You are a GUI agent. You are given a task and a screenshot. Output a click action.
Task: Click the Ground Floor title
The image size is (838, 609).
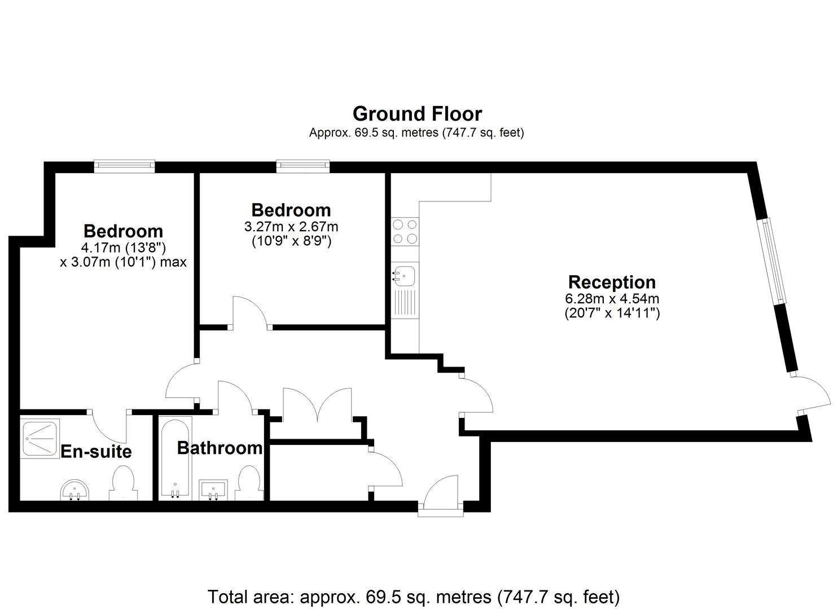tap(417, 114)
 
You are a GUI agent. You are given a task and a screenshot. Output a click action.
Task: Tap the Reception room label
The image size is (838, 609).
tap(612, 283)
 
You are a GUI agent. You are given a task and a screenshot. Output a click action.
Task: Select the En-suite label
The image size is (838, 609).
tap(96, 452)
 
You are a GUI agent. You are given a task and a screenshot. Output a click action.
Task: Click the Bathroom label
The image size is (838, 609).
tap(220, 448)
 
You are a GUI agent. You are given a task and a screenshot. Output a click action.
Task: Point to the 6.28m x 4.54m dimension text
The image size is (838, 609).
tap(612, 299)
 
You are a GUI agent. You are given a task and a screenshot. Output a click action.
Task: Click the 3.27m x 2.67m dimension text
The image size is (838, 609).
tap(291, 227)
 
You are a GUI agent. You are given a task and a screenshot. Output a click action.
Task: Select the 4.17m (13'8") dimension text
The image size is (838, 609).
tap(123, 248)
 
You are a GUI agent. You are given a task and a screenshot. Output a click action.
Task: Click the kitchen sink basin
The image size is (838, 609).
tap(404, 276)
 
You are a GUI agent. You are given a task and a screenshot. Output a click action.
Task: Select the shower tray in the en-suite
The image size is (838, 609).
tap(40, 439)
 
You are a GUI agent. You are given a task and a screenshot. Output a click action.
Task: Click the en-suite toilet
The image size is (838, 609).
tap(123, 483)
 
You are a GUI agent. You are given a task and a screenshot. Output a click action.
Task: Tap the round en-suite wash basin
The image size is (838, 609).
tap(75, 490)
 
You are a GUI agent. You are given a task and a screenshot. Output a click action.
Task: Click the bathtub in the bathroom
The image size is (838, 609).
tap(175, 458)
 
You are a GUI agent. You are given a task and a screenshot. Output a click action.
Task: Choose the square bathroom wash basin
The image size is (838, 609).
tap(213, 490)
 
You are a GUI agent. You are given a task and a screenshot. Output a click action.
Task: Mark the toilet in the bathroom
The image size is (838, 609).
tap(249, 483)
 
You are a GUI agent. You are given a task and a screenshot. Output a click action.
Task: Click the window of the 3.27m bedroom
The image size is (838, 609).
tap(303, 166)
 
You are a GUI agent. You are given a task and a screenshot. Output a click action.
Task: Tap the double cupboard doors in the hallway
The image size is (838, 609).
tap(317, 405)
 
